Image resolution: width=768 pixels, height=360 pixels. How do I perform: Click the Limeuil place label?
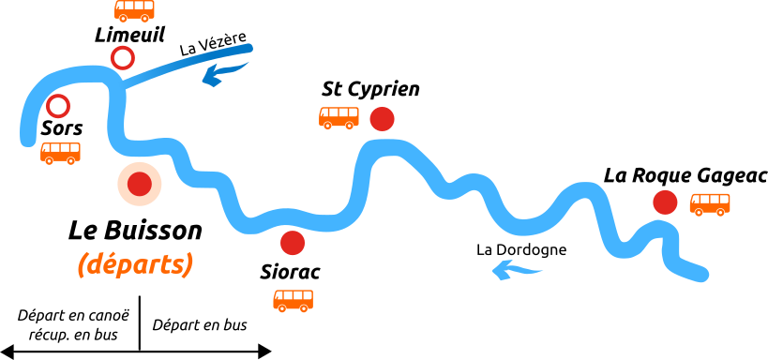click(129, 36)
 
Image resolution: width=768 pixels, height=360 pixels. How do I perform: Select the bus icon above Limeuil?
click(134, 10)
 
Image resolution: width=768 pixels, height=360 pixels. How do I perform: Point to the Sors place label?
click(62, 128)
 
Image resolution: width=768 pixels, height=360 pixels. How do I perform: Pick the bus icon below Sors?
click(60, 153)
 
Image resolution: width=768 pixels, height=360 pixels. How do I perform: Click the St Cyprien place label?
click(370, 90)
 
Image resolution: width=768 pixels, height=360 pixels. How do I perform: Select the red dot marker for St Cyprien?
click(382, 119)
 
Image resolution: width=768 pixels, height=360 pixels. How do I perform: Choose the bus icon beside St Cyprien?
click(339, 117)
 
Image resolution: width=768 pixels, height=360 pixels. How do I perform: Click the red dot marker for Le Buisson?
click(139, 184)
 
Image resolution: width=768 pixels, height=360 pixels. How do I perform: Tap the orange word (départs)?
click(135, 265)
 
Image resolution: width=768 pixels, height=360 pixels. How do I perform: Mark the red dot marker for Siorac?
click(293, 243)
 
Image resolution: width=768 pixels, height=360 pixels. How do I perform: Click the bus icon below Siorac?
click(294, 301)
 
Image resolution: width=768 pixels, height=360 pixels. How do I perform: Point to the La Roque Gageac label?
click(685, 176)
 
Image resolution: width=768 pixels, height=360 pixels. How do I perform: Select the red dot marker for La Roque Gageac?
click(665, 202)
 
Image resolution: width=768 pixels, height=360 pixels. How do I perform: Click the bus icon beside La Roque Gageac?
click(710, 204)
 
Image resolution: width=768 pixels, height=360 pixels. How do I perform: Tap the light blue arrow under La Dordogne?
click(517, 269)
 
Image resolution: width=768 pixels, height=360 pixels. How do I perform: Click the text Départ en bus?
click(200, 325)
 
